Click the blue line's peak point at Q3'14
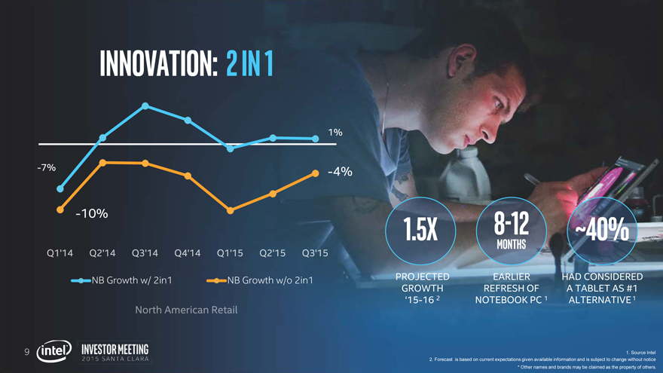point(144,105)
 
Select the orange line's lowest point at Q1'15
point(231,210)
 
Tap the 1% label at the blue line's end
point(335,133)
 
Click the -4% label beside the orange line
point(341,172)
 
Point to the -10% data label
point(91,214)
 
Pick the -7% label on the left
point(46,167)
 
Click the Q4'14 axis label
point(188,253)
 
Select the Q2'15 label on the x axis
point(273,253)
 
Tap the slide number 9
point(26,351)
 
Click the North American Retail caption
point(186,310)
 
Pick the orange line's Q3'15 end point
point(315,173)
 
